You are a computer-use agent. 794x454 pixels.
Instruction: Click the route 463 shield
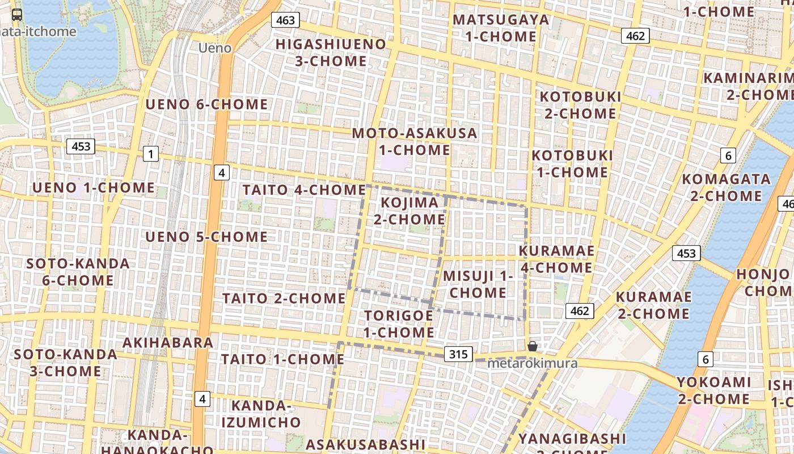[285, 20]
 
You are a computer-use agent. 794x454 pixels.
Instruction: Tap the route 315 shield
[458, 355]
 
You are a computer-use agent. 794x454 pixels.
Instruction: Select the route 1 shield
[150, 153]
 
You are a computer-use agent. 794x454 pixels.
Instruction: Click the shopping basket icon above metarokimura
[532, 346]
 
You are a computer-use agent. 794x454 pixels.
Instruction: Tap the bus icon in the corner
[17, 15]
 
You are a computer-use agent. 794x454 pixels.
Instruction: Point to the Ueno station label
[215, 48]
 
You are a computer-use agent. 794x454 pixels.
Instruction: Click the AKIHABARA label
[168, 342]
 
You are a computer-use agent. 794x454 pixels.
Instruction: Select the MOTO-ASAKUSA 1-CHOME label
[415, 141]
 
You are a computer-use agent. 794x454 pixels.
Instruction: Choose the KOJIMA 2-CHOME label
[409, 211]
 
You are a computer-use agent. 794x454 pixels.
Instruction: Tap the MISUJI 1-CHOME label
[478, 284]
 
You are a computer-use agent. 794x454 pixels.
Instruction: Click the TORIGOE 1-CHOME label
[399, 323]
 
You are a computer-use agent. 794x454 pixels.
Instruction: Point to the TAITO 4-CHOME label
[304, 190]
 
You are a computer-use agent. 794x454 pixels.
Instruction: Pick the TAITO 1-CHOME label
[282, 359]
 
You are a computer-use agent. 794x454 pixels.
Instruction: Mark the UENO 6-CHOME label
[206, 104]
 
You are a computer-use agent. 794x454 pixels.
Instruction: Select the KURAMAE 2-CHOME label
[653, 305]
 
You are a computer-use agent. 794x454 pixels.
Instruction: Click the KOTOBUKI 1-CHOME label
[572, 163]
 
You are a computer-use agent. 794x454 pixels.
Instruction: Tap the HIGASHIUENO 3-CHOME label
[331, 52]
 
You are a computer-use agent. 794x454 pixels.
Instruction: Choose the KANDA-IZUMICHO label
[261, 414]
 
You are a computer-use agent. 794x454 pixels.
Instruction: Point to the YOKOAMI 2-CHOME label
[713, 390]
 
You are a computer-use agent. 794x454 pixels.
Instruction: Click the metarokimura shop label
[533, 363]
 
